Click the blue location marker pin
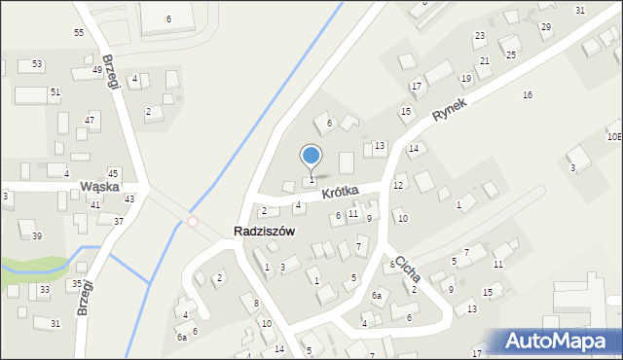(311, 157)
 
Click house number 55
(79, 32)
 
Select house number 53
(37, 64)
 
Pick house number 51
(55, 91)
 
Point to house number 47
(90, 120)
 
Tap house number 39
(37, 236)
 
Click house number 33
(45, 290)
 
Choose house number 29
(545, 26)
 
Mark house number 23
(480, 36)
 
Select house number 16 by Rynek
(528, 94)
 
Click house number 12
(398, 185)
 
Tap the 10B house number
(614, 137)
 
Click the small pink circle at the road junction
(193, 222)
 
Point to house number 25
(511, 55)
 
